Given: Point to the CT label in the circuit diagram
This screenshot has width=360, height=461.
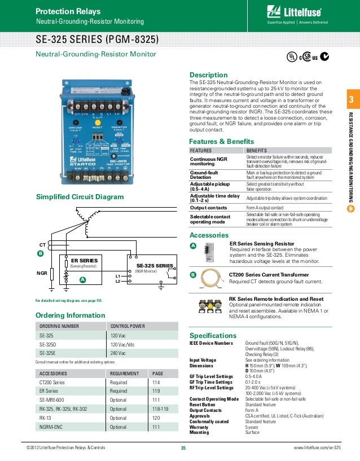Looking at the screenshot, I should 42,245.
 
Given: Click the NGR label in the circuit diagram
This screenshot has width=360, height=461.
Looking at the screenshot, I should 41,274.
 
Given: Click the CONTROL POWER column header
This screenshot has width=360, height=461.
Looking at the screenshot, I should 128,326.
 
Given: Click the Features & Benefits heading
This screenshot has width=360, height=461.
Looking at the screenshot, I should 222,141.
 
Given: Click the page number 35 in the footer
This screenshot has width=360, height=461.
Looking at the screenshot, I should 183,448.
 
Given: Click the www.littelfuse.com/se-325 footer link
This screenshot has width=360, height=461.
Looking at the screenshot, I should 318,448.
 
